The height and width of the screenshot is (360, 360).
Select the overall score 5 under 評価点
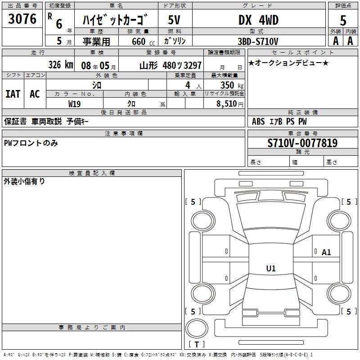343,20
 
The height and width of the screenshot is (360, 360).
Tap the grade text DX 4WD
258,20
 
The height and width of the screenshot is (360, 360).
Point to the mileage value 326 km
60,65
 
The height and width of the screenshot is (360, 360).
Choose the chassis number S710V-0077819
302,144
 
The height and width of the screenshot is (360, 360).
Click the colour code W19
75,103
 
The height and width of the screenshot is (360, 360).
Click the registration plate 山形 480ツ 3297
170,65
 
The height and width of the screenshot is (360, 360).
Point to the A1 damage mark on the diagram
326,252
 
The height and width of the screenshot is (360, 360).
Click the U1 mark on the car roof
271,269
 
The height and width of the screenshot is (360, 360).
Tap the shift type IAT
13,94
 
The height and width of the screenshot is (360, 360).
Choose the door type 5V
175,21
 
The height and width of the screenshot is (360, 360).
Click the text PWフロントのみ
31,143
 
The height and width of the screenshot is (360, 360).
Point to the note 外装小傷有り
24,181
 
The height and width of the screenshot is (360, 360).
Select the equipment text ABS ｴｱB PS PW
279,121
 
